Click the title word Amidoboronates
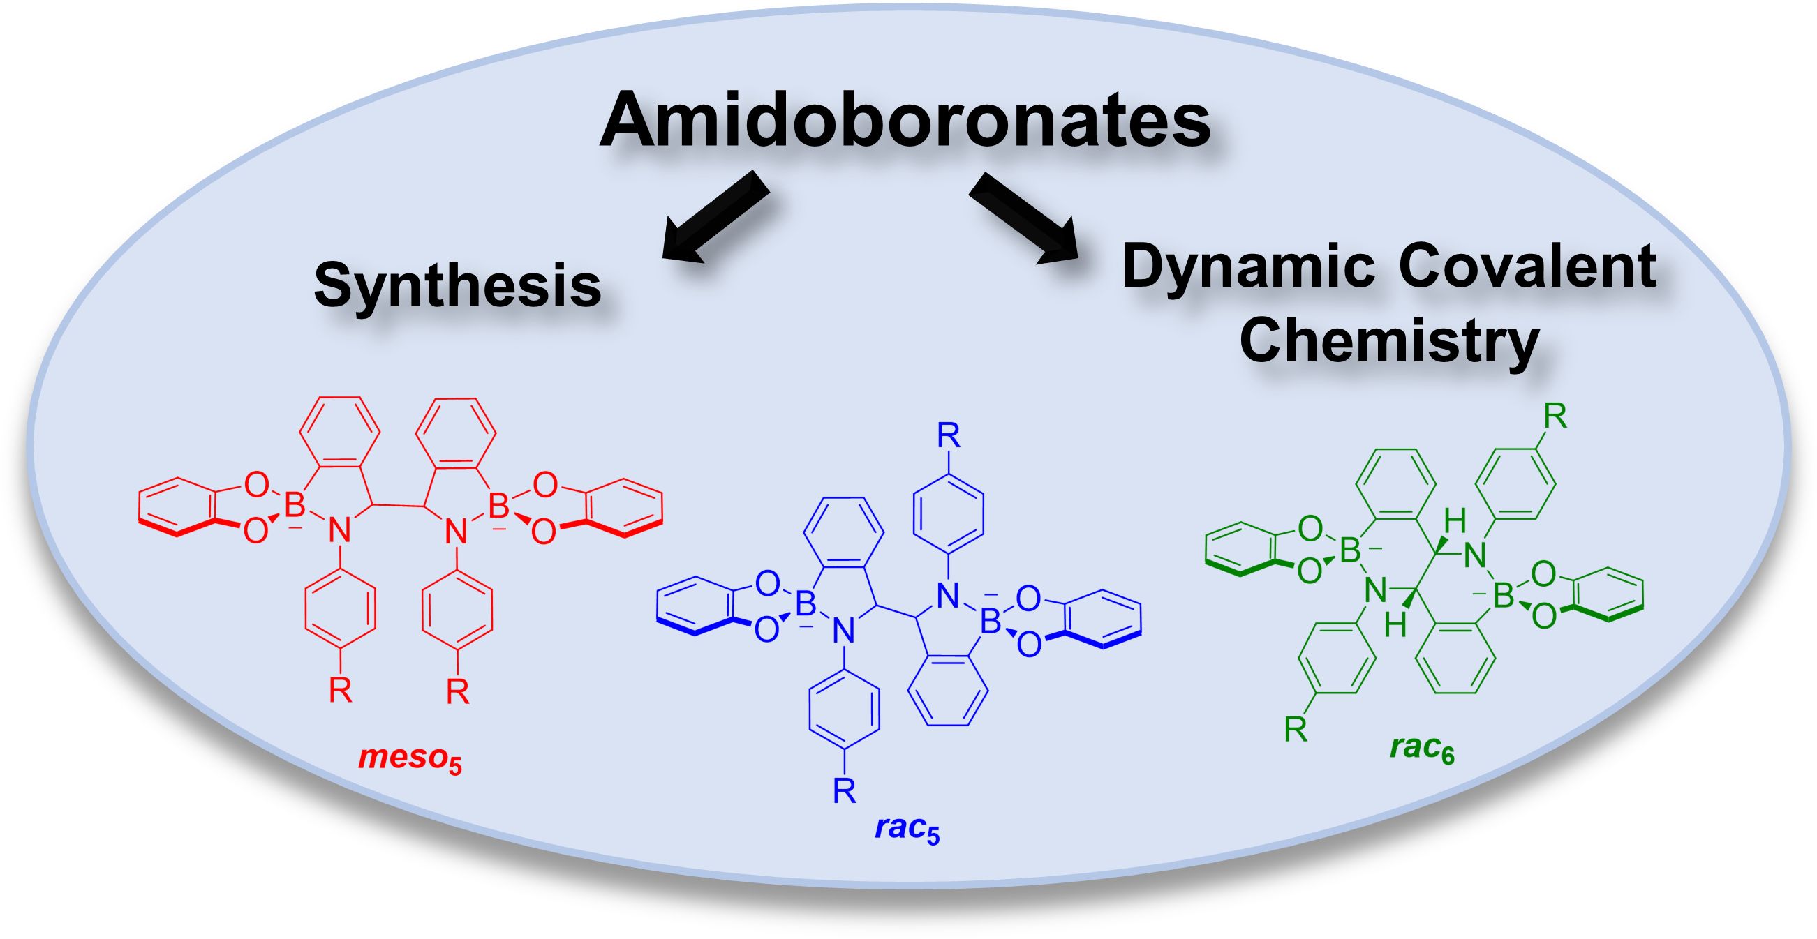coord(905,121)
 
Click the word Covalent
coord(1529,268)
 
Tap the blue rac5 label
coord(907,829)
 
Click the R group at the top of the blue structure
coord(948,437)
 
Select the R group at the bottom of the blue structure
coord(845,791)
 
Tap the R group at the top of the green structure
coord(1555,417)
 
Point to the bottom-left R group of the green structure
coord(1296,730)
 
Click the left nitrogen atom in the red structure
coord(340,532)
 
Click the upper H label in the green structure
coord(1455,523)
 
